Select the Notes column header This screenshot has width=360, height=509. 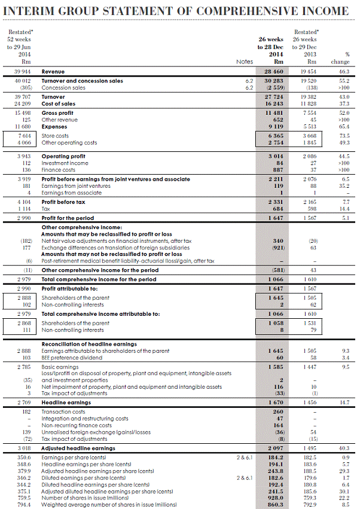coord(245,62)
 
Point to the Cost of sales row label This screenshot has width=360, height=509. coord(59,103)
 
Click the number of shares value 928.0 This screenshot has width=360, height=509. coord(271,498)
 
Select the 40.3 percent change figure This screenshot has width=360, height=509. coord(343,448)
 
